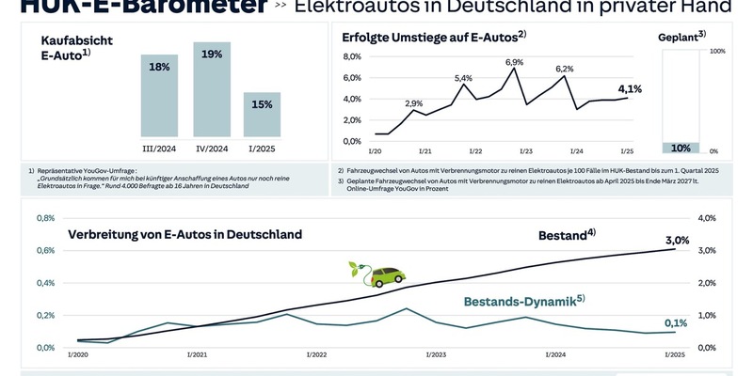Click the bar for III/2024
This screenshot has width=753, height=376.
click(x=159, y=94)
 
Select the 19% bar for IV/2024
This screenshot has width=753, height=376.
click(x=212, y=89)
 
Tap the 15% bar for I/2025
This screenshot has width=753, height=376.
click(x=262, y=113)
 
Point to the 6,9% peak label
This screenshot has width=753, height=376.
click(x=514, y=62)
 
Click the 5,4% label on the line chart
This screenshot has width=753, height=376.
click(x=463, y=78)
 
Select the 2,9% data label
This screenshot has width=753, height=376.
click(x=413, y=103)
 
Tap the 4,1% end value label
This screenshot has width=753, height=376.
click(x=630, y=89)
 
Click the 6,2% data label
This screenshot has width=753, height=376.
click(x=564, y=69)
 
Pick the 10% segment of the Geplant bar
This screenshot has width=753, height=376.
click(x=680, y=148)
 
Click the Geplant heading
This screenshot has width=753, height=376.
click(x=681, y=38)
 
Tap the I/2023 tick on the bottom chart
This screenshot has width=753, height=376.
click(x=435, y=354)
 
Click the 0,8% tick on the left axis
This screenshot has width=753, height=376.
click(x=44, y=218)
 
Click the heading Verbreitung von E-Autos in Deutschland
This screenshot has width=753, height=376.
click(x=184, y=235)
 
